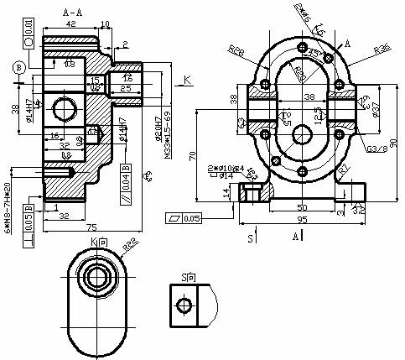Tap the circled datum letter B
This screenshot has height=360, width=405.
pyautogui.click(x=16, y=67)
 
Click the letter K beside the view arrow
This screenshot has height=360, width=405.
pyautogui.click(x=188, y=80)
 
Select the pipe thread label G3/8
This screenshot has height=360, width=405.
pyautogui.click(x=376, y=149)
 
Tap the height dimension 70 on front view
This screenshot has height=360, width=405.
pyautogui.click(x=194, y=155)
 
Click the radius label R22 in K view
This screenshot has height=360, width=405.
pyautogui.click(x=130, y=246)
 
